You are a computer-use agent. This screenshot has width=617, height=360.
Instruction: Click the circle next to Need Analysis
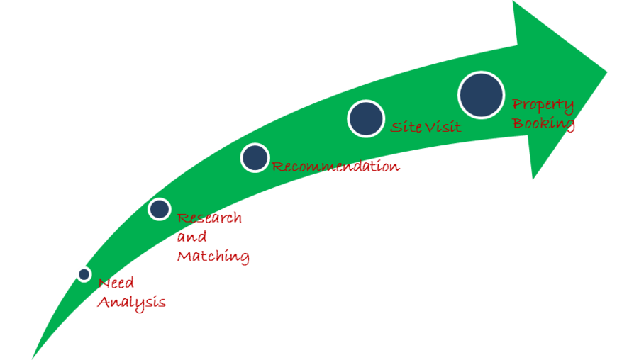click(84, 274)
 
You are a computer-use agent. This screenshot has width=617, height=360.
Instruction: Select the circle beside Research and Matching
click(160, 209)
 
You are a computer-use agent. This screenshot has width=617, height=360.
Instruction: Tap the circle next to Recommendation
click(255, 157)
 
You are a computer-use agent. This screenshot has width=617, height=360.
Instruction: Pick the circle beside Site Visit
click(366, 118)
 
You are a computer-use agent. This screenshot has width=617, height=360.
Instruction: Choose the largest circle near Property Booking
click(482, 95)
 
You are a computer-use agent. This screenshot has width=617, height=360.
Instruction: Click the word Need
click(116, 283)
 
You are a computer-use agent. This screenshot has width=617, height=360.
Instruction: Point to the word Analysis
click(131, 303)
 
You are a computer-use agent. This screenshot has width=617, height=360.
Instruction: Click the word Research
click(209, 218)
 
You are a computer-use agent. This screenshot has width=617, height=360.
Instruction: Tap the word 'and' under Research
click(191, 237)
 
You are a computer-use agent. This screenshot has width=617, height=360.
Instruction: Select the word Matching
click(213, 257)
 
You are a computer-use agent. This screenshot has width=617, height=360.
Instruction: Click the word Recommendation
click(335, 167)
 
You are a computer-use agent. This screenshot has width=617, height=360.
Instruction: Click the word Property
click(543, 106)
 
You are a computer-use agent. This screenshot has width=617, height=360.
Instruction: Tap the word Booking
click(543, 124)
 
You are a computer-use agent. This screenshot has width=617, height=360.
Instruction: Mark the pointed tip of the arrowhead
click(607, 72)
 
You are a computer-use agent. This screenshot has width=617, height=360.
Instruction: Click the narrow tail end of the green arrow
click(32, 358)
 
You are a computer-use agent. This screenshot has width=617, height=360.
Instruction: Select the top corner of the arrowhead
click(513, 1)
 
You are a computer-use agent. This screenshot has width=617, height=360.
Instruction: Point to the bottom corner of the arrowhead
click(533, 179)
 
